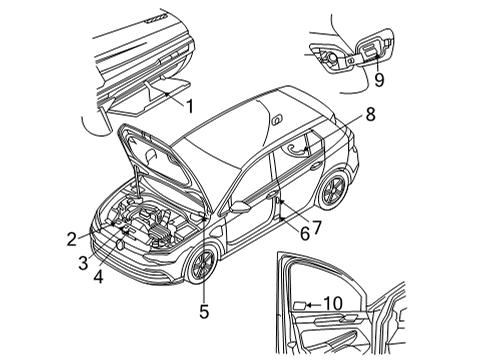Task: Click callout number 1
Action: [190, 107]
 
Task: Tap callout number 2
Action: [72, 239]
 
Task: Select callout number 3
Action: [83, 263]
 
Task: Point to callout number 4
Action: [98, 276]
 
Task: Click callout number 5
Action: [204, 312]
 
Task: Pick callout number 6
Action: [305, 234]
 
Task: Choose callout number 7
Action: [316, 228]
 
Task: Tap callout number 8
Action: [370, 114]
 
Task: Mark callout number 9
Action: [379, 80]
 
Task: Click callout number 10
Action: [333, 303]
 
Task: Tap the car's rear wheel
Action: [334, 189]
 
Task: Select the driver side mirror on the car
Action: [239, 207]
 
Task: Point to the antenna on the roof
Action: [276, 119]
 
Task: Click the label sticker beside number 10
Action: [299, 305]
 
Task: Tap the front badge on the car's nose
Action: [119, 245]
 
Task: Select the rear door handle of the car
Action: [316, 166]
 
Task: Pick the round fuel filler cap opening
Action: [332, 57]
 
